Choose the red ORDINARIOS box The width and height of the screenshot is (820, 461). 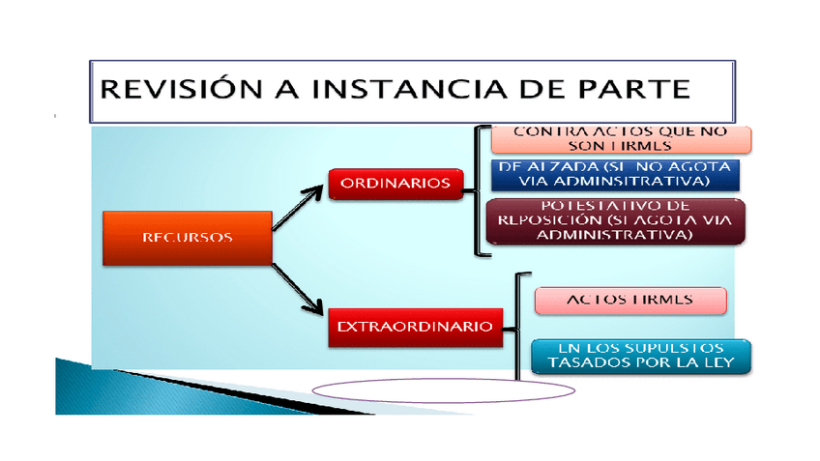395,183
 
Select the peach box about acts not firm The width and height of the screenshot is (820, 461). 621,138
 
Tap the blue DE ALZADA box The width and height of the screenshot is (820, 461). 615,174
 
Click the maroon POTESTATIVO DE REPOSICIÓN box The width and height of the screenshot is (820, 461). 615,221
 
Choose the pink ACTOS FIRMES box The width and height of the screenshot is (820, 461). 630,300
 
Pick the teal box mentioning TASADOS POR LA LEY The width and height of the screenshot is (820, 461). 641,356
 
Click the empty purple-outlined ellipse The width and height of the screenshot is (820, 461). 444,389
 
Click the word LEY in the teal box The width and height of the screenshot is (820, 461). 717,363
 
